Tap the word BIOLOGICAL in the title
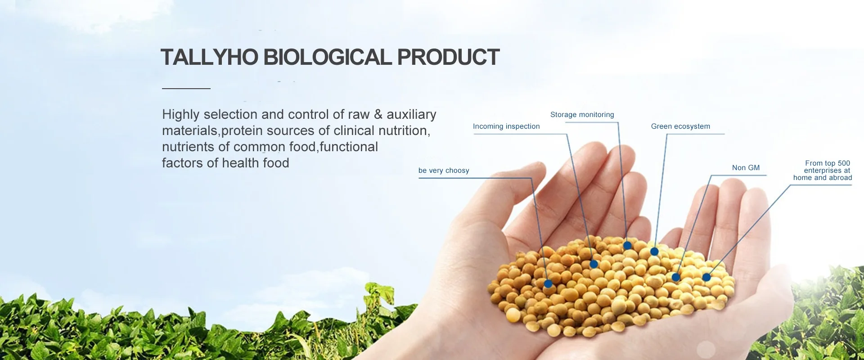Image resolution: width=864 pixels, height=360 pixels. tap(328, 57)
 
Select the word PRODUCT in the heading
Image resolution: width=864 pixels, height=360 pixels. tap(448, 57)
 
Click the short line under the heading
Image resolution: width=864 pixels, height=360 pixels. tap(186, 89)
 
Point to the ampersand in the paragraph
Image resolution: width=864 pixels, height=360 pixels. tap(378, 114)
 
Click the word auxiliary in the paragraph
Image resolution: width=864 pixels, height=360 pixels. tap(411, 115)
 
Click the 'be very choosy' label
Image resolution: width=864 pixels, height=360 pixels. tap(444, 171)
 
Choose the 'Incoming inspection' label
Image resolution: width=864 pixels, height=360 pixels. tap(506, 126)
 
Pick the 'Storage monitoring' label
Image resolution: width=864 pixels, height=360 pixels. tap(582, 115)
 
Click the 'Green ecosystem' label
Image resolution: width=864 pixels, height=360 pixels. tap(680, 126)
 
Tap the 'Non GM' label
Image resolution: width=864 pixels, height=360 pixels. tap(746, 168)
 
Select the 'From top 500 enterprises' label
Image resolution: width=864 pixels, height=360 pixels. tap(823, 171)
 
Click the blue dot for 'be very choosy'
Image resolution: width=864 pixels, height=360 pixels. tap(548, 284)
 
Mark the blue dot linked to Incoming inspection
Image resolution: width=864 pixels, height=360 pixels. tap(594, 264)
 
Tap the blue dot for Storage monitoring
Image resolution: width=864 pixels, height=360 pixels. tap(627, 246)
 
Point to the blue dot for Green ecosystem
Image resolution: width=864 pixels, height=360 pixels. tap(654, 252)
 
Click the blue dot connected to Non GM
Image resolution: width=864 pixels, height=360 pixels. tap(676, 277)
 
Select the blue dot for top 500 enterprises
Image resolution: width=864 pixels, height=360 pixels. tap(706, 277)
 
